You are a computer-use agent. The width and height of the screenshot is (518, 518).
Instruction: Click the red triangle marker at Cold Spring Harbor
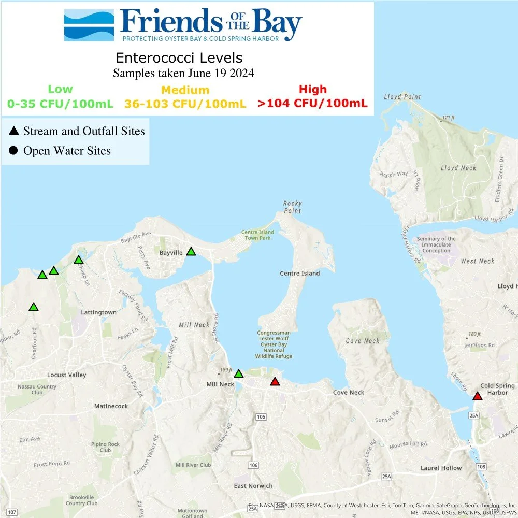[x=477, y=396]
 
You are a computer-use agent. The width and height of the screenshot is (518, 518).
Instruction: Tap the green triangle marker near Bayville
[x=191, y=252]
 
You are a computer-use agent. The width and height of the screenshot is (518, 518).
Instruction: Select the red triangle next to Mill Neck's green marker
[x=275, y=382]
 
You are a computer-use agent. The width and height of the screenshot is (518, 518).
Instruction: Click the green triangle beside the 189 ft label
[x=239, y=373]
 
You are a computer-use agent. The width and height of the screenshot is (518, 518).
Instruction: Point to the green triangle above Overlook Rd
[x=34, y=307]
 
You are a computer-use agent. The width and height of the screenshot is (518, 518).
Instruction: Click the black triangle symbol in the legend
[x=14, y=132]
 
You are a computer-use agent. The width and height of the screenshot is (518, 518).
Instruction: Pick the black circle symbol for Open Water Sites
[x=14, y=151]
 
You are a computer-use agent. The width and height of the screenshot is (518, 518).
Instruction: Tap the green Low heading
[x=60, y=90]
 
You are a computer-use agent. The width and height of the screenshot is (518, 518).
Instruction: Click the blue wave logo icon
[x=89, y=25]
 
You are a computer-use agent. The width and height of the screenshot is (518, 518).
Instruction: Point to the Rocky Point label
[x=293, y=207]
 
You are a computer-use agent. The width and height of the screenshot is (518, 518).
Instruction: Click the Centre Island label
[x=300, y=273]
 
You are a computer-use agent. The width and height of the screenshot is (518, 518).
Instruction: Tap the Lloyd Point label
[x=402, y=97]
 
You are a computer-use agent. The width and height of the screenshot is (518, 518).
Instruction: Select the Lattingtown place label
[x=98, y=312]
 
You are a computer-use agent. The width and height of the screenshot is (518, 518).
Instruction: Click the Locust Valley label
[x=67, y=375]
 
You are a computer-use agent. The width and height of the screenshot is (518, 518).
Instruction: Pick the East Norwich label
[x=253, y=485]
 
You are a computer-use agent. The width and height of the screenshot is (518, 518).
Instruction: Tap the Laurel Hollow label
[x=441, y=468]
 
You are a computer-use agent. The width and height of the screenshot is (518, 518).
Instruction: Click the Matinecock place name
[x=111, y=406]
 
